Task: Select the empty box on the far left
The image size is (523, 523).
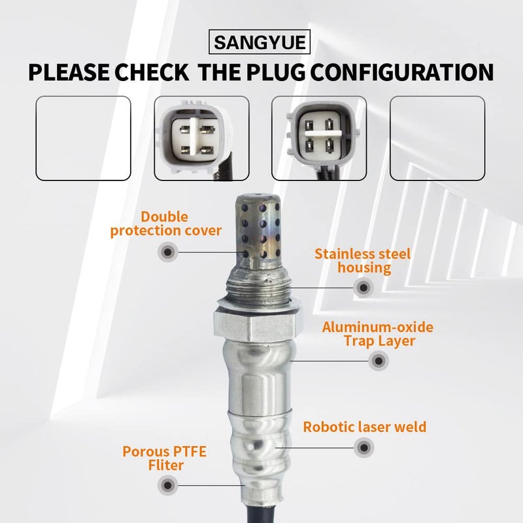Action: coord(83,138)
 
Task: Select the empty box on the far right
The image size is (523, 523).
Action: coord(437,138)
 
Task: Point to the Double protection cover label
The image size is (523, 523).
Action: coord(166,223)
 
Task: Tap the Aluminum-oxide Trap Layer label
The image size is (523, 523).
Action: coord(377,333)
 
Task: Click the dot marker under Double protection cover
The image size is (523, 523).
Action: coord(167,251)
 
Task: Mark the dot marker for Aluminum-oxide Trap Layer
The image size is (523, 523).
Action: coord(377,360)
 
